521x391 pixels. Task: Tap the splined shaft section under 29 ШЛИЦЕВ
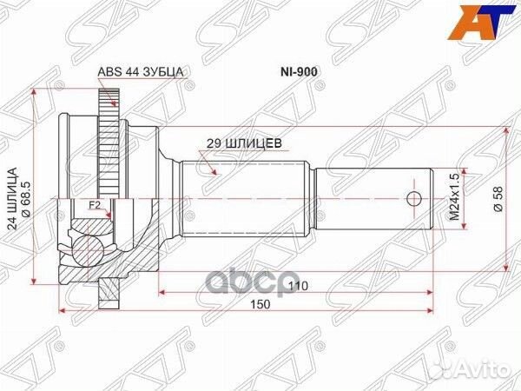[x=243, y=199]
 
